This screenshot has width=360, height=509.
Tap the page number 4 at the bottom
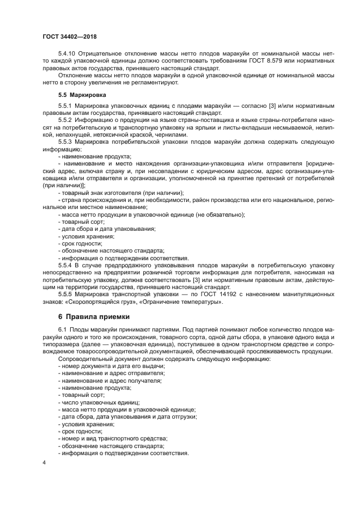[x=44, y=462]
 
